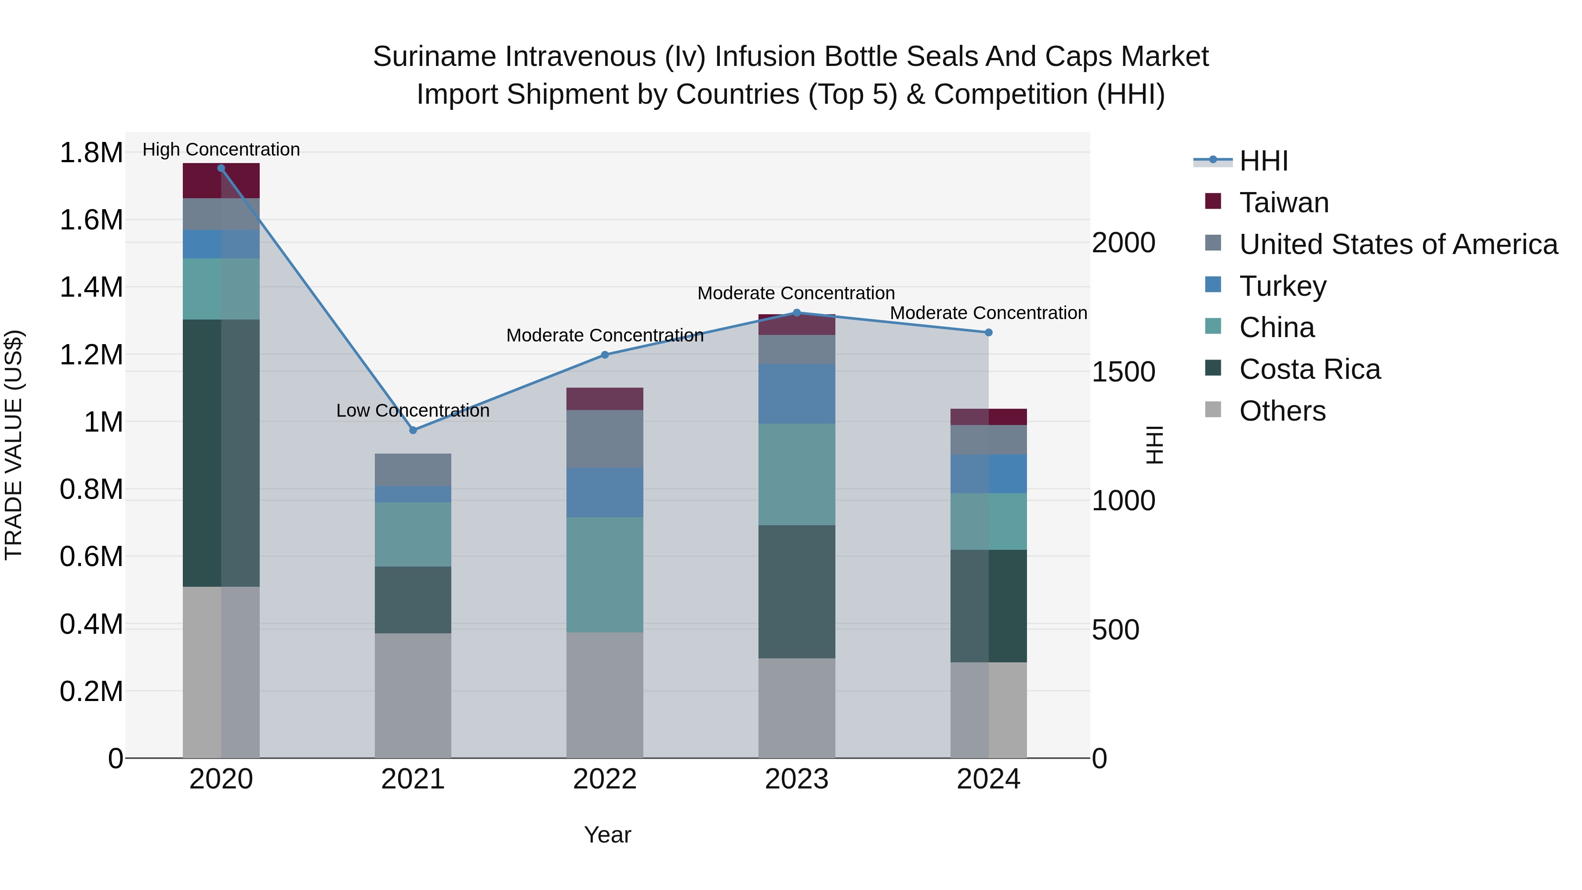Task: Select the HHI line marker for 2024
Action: pyautogui.click(x=988, y=332)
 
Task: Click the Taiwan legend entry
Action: pyautogui.click(x=1284, y=202)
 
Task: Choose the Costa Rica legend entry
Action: pyautogui.click(x=1310, y=369)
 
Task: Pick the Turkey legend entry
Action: pyautogui.click(x=1282, y=286)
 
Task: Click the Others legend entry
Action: pyautogui.click(x=1282, y=411)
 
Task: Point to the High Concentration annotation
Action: pyautogui.click(x=221, y=149)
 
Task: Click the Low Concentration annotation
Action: pyautogui.click(x=413, y=410)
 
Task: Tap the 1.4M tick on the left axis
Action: pyautogui.click(x=91, y=287)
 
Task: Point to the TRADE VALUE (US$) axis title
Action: pyautogui.click(x=14, y=445)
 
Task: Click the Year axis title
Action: pyautogui.click(x=607, y=835)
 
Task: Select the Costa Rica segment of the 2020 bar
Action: pyautogui.click(x=221, y=453)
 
